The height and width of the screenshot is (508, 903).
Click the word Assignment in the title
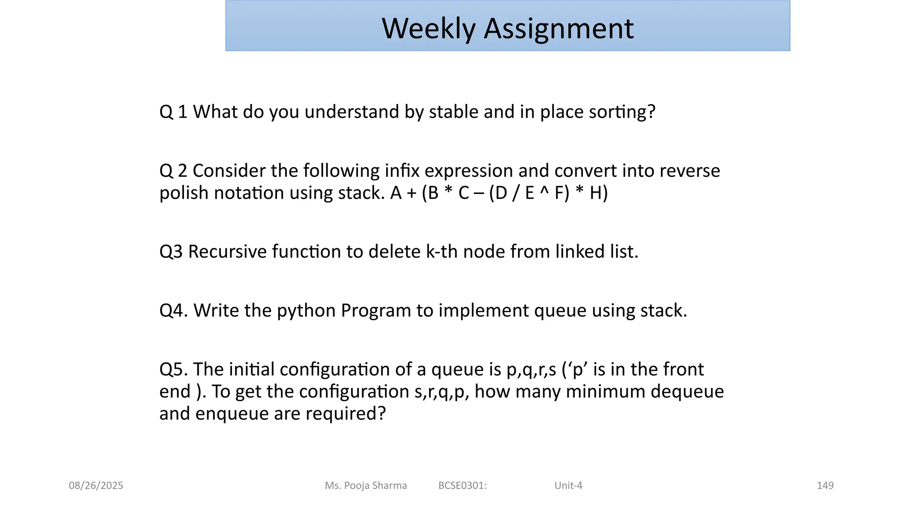click(x=559, y=29)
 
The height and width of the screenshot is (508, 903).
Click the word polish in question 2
click(x=184, y=193)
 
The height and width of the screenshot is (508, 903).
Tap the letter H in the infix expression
click(x=596, y=193)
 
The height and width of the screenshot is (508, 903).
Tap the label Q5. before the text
click(x=174, y=370)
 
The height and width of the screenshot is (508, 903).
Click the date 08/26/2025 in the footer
click(x=96, y=486)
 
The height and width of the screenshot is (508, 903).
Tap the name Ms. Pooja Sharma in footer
click(x=366, y=486)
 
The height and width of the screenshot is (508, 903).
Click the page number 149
click(x=825, y=486)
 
